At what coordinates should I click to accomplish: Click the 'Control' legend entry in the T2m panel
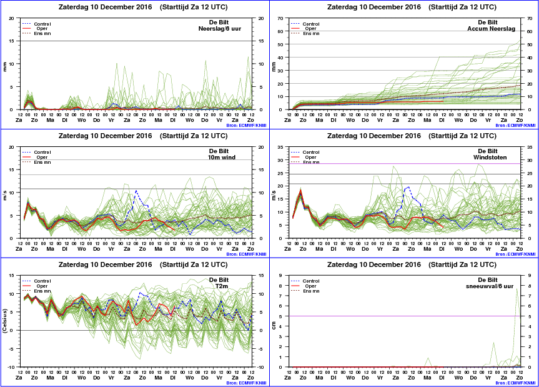(x=42, y=281)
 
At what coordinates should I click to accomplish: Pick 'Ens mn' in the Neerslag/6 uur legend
(x=42, y=33)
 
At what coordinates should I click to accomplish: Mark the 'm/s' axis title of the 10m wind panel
(x=6, y=194)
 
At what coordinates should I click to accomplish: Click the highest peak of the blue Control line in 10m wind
(x=136, y=191)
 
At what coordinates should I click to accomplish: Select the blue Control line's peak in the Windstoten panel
(x=408, y=186)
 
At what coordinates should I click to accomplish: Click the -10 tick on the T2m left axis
(x=12, y=367)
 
